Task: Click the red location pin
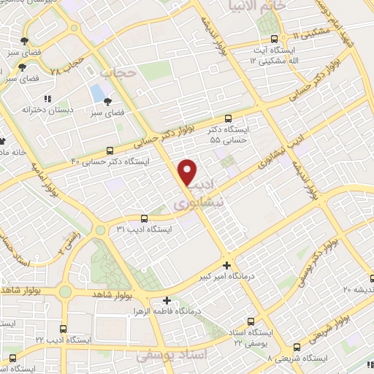coord(187,171)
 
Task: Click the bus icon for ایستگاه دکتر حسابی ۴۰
coord(110,149)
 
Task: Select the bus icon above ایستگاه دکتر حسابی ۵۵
coord(228,118)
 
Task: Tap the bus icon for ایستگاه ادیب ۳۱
coord(143,218)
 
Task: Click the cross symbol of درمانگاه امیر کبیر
coord(226,265)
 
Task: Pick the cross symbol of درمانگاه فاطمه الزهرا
coord(167,300)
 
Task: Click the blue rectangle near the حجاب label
coord(96,93)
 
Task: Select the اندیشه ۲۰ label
coord(358,289)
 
